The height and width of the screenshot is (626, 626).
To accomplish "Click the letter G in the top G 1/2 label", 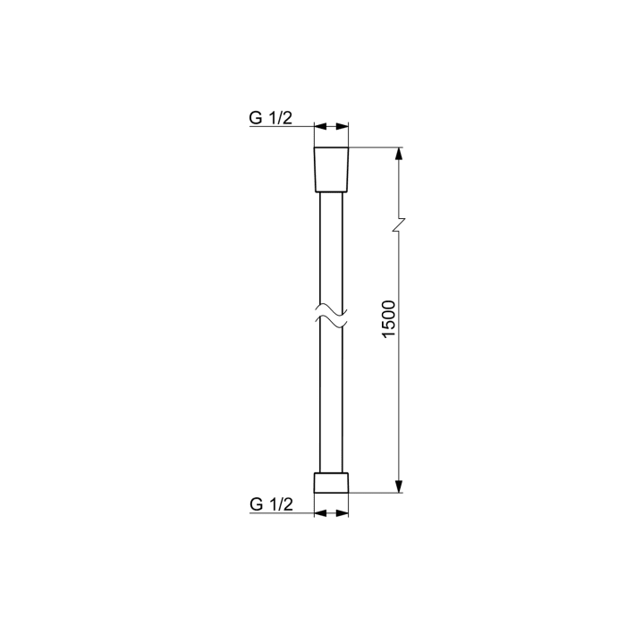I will coord(256,118).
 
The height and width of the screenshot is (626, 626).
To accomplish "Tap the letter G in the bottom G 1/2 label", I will coord(256,504).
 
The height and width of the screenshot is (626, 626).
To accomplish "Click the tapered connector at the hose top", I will coord(331,169).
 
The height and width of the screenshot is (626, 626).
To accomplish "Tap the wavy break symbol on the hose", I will coord(331,317).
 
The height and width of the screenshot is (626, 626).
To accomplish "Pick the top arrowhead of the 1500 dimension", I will coord(400,154).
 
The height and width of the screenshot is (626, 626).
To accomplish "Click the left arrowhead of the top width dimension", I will coord(319,128).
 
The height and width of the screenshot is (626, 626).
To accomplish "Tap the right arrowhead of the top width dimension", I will coord(343,128).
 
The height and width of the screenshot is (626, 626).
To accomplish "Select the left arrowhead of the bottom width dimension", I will coord(319,513).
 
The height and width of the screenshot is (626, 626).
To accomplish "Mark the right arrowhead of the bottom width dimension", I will coord(343,513).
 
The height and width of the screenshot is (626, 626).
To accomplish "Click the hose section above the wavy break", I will coord(331,250).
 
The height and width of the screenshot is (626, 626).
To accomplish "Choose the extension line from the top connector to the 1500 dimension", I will coord(376,147).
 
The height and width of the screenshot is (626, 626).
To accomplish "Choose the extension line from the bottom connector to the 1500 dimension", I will coord(376,492).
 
